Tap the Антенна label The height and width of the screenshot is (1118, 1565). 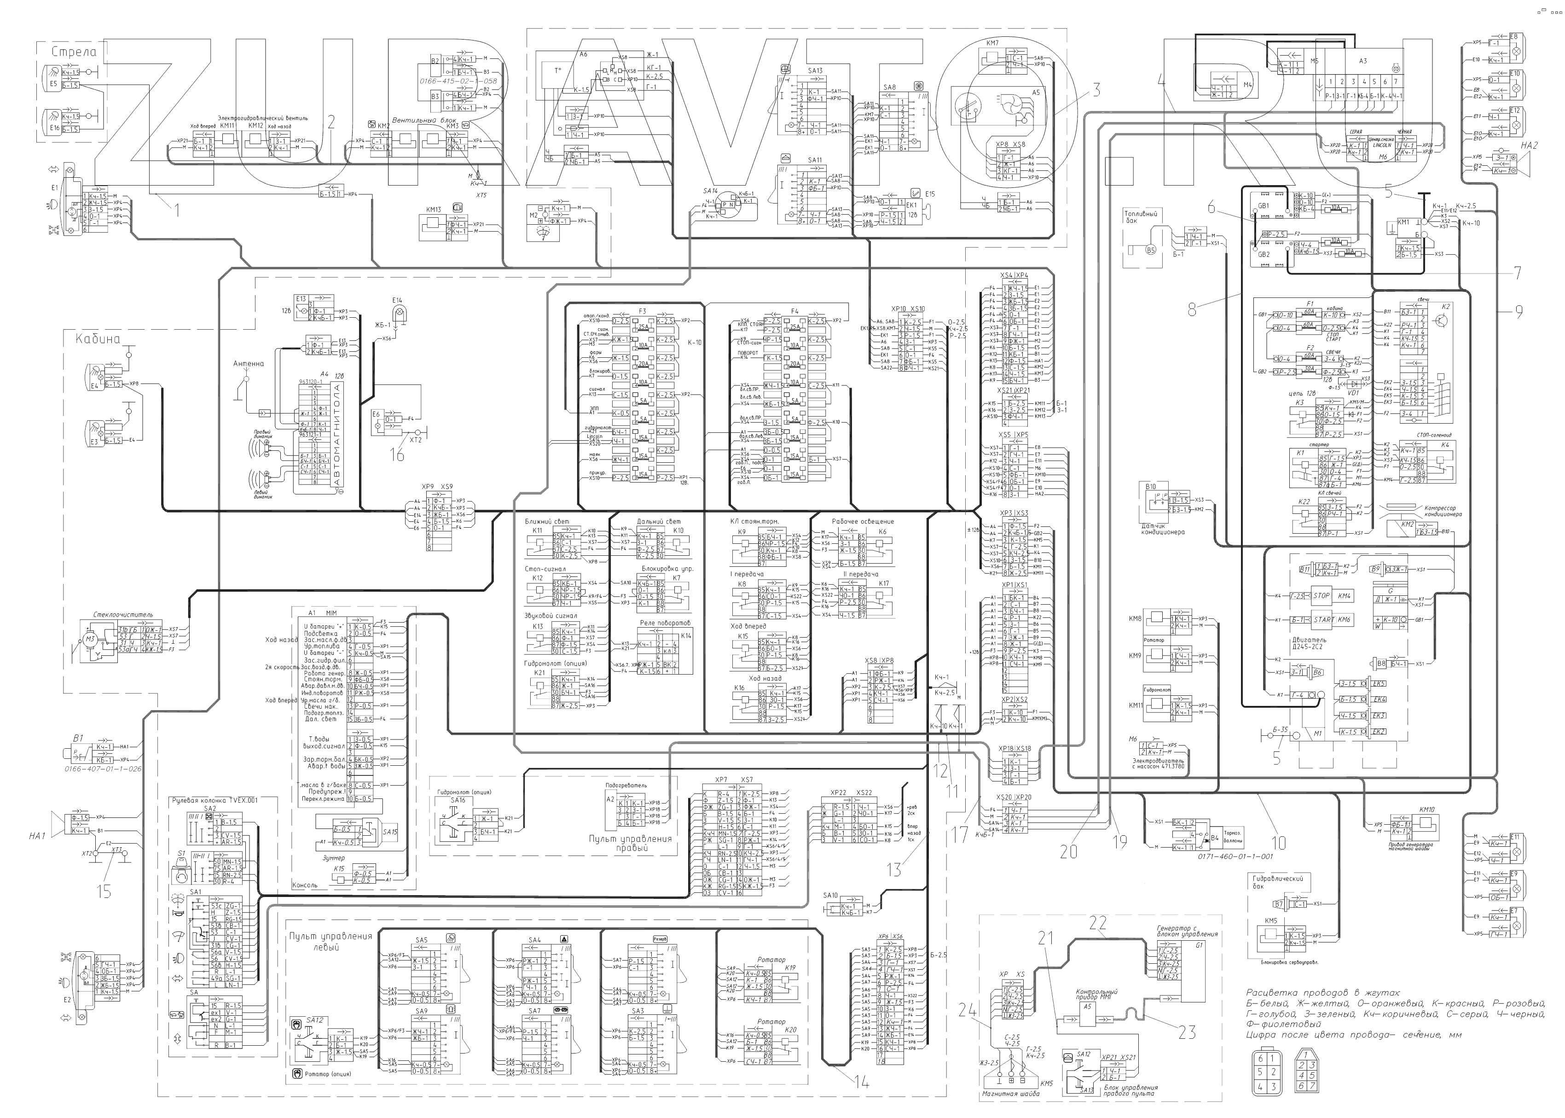[249, 363]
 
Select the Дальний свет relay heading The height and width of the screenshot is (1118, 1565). [659, 522]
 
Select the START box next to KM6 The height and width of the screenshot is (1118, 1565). [1323, 620]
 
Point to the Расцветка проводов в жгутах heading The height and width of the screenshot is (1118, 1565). [1323, 993]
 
